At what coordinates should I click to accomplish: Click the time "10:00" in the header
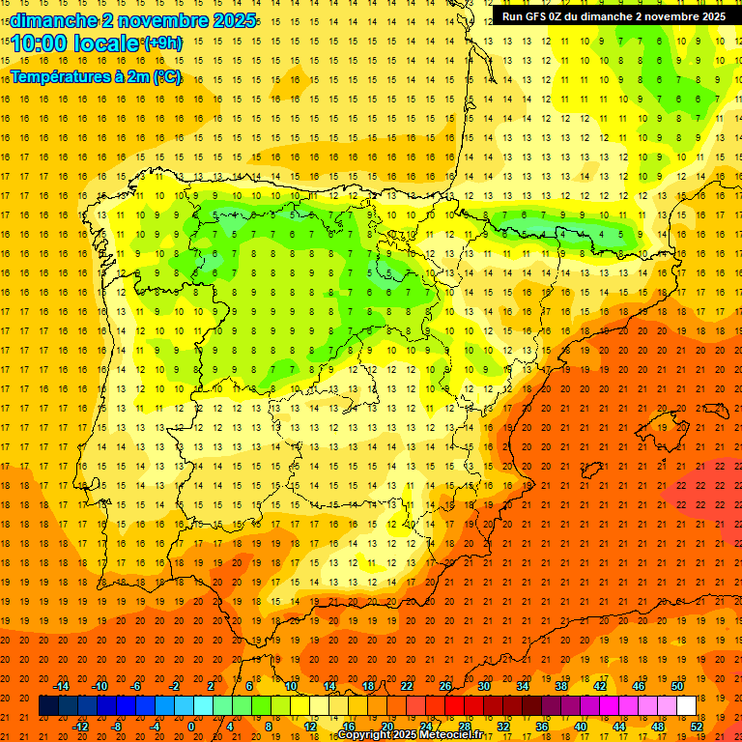[40, 43]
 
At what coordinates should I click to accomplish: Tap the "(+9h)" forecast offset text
[161, 43]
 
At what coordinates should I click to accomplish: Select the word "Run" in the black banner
[514, 16]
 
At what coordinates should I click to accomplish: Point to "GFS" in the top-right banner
[539, 16]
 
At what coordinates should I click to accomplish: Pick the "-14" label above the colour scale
[61, 686]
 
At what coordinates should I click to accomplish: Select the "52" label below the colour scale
[697, 727]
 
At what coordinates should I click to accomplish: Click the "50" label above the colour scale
[677, 686]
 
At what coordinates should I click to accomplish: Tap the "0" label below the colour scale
[191, 727]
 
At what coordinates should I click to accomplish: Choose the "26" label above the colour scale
[445, 686]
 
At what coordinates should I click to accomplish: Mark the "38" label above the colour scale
[561, 686]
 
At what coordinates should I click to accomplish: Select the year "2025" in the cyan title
[233, 20]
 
